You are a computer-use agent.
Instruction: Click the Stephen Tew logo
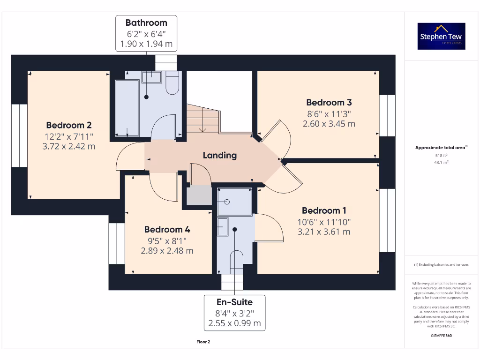tap(441, 36)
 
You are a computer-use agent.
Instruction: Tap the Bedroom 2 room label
tap(69, 125)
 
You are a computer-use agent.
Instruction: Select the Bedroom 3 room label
tap(329, 102)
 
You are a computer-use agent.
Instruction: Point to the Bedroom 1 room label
tap(324, 210)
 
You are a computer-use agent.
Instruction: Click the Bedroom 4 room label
tap(167, 229)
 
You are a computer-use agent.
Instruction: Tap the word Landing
tap(219, 155)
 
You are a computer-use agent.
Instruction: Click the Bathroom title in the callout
tap(146, 22)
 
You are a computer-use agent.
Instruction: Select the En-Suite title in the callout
tap(234, 302)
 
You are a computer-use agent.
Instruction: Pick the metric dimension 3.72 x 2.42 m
tap(69, 146)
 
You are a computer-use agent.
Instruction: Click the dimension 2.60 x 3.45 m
tap(329, 124)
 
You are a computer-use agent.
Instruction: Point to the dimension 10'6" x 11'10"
tap(324, 222)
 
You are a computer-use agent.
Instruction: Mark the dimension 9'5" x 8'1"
tap(167, 240)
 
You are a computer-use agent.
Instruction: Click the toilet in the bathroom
tap(172, 83)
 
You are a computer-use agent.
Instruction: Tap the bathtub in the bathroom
tap(127, 108)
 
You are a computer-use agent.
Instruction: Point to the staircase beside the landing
tap(203, 118)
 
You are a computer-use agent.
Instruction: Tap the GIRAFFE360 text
tap(441, 336)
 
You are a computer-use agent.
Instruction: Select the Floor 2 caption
tap(203, 342)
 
